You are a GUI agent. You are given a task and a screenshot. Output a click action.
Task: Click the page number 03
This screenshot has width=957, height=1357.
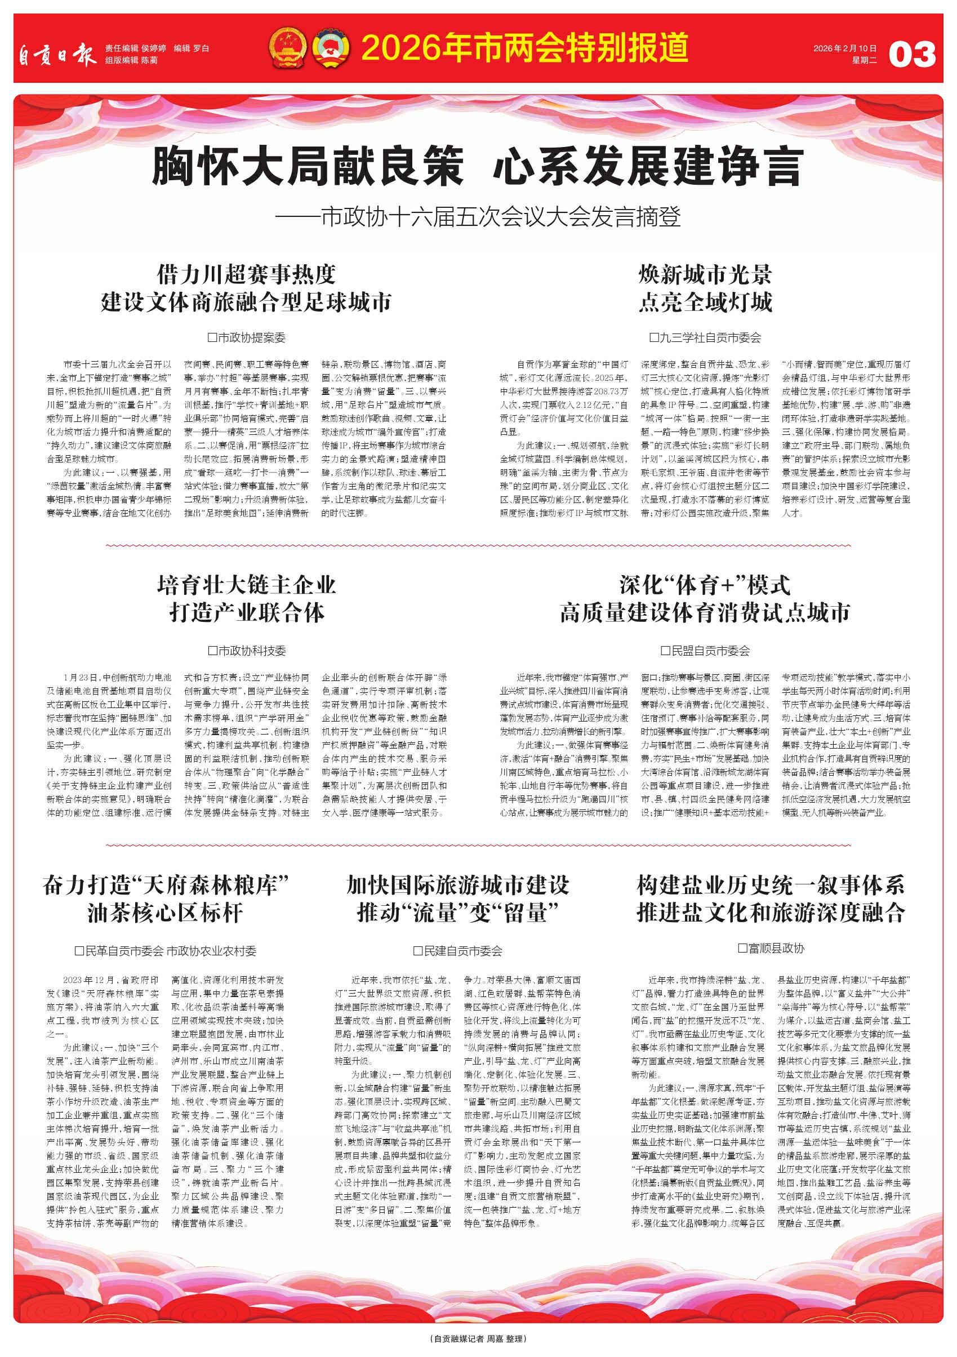pos(912,55)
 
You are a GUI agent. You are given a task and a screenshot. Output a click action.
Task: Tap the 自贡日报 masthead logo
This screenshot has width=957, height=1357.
pos(56,55)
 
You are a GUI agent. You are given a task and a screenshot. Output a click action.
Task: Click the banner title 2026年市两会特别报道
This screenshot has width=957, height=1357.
pos(524,48)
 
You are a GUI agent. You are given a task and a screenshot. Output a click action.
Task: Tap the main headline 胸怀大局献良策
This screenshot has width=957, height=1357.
pos(308,167)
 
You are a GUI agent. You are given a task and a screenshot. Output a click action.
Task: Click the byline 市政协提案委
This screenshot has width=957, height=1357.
pos(247,337)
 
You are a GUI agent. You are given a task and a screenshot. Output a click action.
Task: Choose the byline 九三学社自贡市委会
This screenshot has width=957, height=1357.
pos(705,337)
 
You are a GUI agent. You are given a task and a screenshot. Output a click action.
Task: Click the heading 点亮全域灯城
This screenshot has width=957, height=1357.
pos(705,302)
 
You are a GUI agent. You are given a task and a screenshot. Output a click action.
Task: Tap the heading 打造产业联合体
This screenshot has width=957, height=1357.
pos(247,612)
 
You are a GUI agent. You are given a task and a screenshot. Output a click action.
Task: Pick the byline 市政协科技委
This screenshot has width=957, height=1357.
pos(247,651)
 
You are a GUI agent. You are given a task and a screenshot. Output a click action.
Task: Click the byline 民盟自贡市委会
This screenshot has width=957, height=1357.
pos(705,651)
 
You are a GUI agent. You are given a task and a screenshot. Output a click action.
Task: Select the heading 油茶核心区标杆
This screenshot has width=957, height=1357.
pos(165,913)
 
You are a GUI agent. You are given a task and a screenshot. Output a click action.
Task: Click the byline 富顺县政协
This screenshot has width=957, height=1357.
pos(771,949)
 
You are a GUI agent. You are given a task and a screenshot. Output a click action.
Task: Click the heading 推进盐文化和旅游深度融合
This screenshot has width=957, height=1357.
pos(771,913)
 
